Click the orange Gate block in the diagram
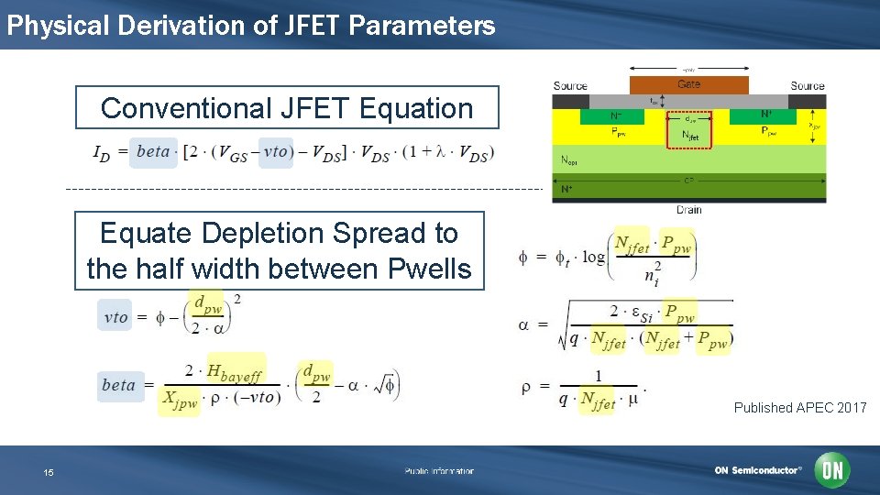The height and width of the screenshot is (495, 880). click(688, 84)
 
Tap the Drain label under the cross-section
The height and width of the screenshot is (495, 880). click(688, 210)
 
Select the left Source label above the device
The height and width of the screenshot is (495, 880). click(570, 86)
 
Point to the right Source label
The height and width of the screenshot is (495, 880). click(807, 86)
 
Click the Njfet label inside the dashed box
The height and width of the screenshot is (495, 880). click(689, 135)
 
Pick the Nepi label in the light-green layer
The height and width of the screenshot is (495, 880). click(569, 159)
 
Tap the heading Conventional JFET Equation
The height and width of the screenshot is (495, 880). click(287, 108)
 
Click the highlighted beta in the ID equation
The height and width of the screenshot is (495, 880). click(153, 151)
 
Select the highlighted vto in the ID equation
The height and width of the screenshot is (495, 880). click(276, 151)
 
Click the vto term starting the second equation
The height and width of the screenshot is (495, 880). click(115, 316)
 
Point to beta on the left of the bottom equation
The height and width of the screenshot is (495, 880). click(117, 385)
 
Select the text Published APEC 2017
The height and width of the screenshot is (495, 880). click(799, 408)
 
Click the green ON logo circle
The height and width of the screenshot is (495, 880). click(832, 470)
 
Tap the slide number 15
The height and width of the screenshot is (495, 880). click(49, 472)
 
